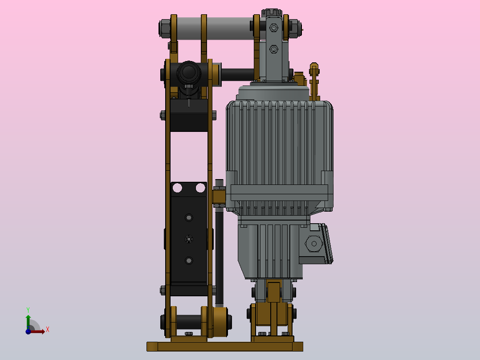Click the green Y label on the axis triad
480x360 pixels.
(x=28, y=309)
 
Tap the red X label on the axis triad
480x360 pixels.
(x=47, y=330)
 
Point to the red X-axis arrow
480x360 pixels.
(x=38, y=331)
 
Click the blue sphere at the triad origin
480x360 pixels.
(x=28, y=331)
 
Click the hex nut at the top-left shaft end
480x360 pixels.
(x=164, y=28)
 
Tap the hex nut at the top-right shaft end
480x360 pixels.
(x=293, y=29)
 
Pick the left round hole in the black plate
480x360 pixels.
(x=177, y=188)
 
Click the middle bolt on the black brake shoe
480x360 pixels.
(x=189, y=239)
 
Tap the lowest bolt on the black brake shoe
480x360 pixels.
(x=189, y=261)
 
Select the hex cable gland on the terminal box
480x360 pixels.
(x=314, y=244)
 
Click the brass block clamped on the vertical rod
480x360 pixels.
(x=219, y=196)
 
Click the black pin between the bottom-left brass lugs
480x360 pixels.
(x=189, y=321)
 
